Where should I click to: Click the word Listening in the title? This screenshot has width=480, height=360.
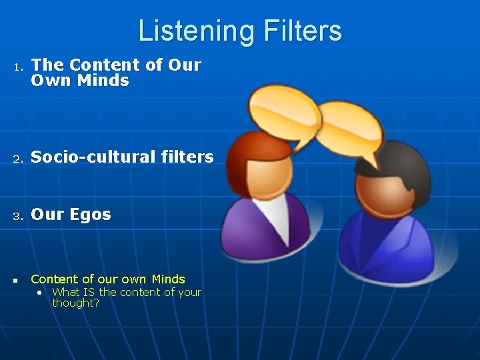click(188, 31)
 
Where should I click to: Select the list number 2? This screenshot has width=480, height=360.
click(19, 159)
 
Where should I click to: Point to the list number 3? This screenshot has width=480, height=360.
click(19, 216)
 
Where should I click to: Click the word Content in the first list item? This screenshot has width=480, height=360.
click(96, 65)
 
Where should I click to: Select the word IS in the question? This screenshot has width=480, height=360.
click(89, 292)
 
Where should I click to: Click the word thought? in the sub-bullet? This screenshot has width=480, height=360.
click(75, 303)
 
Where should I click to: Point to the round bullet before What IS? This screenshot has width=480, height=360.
click(41, 293)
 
